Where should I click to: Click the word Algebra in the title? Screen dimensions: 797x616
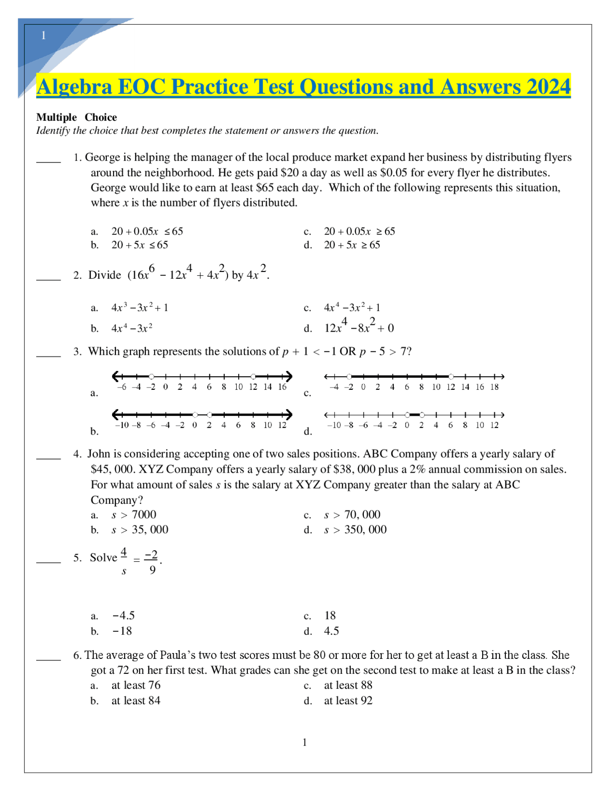[74, 87]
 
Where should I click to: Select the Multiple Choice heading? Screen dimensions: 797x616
[77, 117]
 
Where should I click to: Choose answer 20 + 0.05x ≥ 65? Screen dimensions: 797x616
[359, 231]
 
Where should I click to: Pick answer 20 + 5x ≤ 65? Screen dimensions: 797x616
[140, 245]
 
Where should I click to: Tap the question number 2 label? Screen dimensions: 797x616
[77, 275]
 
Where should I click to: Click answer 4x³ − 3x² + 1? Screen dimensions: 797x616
[140, 308]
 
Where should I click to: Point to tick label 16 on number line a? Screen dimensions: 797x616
[282, 387]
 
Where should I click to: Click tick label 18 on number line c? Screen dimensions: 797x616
[494, 387]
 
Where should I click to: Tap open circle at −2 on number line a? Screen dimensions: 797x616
[152, 376]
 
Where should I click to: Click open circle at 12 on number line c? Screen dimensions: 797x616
[451, 376]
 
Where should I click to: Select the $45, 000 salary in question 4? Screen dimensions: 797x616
[111, 469]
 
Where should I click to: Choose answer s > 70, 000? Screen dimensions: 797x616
[352, 515]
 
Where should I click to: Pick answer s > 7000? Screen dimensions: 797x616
[134, 515]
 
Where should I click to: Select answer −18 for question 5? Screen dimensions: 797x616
[122, 631]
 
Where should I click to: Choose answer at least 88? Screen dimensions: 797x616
[348, 685]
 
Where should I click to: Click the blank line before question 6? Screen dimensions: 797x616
[49, 659]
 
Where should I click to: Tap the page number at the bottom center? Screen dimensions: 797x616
[305, 743]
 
